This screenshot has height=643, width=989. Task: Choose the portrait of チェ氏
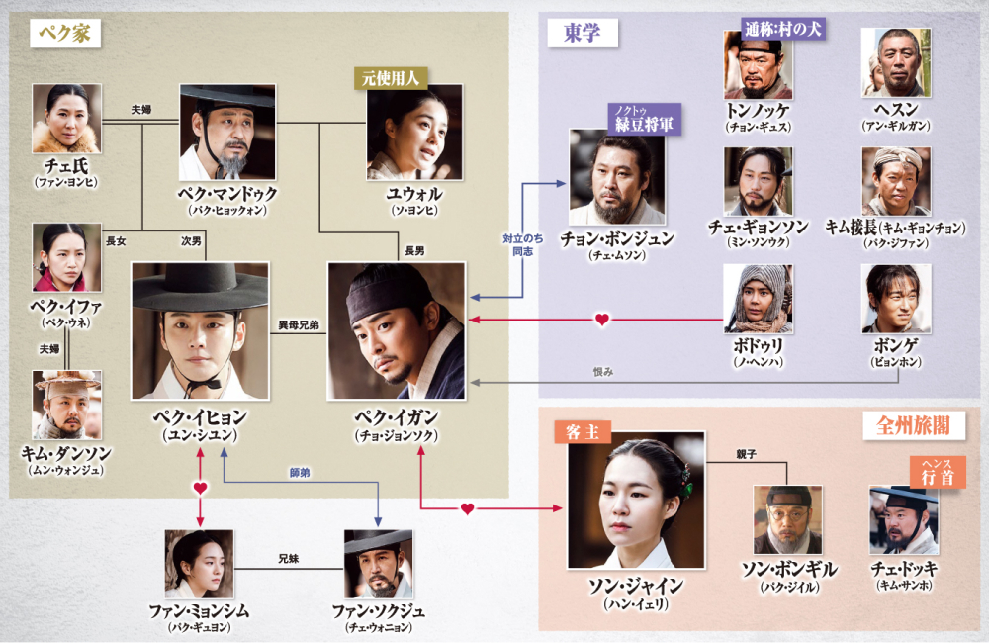click(66, 118)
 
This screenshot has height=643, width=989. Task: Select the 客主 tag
click(583, 432)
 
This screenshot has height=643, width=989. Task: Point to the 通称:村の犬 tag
click(782, 29)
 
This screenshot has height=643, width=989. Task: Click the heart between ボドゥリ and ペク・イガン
click(601, 320)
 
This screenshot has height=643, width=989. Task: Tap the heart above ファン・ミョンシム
click(200, 488)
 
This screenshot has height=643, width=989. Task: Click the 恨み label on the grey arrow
click(602, 372)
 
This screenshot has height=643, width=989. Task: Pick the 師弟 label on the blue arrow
click(298, 474)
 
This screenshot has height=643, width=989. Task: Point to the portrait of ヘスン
click(895, 62)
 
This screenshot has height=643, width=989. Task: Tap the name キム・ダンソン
click(66, 453)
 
